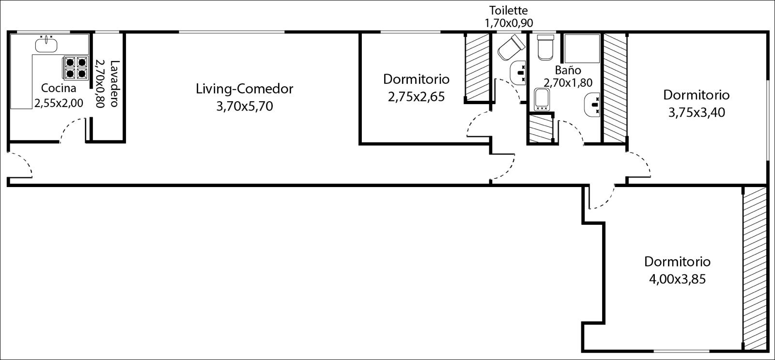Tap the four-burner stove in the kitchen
pyautogui.click(x=76, y=68)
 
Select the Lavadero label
pyautogui.click(x=114, y=83)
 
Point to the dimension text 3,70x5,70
pyautogui.click(x=245, y=106)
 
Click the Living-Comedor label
pyautogui.click(x=245, y=89)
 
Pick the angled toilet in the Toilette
pyautogui.click(x=511, y=47)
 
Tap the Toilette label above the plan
pyautogui.click(x=508, y=10)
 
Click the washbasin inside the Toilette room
pyautogui.click(x=518, y=73)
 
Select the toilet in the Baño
pyautogui.click(x=545, y=47)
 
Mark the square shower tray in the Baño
pyautogui.click(x=582, y=48)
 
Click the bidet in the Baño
pyautogui.click(x=542, y=100)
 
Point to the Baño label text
pyautogui.click(x=568, y=70)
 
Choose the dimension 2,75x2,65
pyautogui.click(x=416, y=97)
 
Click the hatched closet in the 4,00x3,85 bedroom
pyautogui.click(x=755, y=268)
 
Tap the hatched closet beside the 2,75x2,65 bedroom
pyautogui.click(x=477, y=67)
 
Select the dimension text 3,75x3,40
pyautogui.click(x=697, y=112)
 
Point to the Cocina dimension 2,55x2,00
pyautogui.click(x=59, y=103)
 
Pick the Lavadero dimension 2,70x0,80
pyautogui.click(x=100, y=83)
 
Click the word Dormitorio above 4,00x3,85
pyautogui.click(x=678, y=262)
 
